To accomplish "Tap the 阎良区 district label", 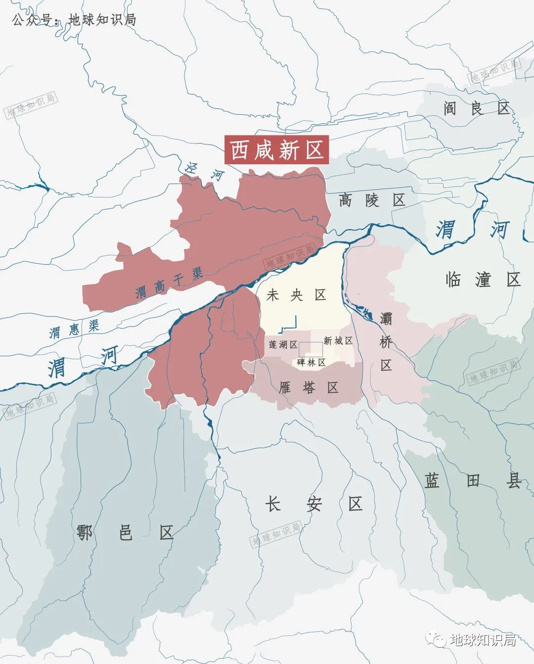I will click(x=476, y=108).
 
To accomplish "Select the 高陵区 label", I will click(x=372, y=200).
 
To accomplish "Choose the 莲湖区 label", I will click(x=283, y=344).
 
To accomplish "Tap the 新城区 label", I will click(x=338, y=340).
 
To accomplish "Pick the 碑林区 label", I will click(x=311, y=362).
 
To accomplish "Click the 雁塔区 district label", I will click(x=308, y=387).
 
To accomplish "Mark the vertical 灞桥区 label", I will click(x=386, y=342).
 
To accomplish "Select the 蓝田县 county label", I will click(x=473, y=480).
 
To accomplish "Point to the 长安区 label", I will click(x=314, y=504).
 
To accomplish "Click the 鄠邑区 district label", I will click(x=125, y=533).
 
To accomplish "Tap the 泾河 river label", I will click(x=204, y=171).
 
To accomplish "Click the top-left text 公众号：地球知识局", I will click(x=74, y=20).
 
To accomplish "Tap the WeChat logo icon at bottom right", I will click(x=436, y=640).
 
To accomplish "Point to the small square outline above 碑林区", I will click(x=311, y=349).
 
